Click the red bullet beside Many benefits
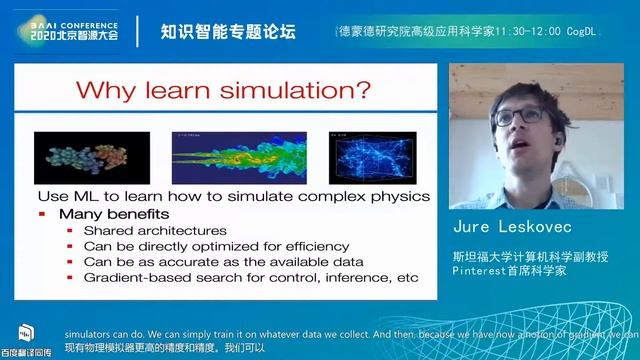pos(42,214)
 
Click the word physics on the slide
pos(398,196)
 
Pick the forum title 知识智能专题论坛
pos(228,31)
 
